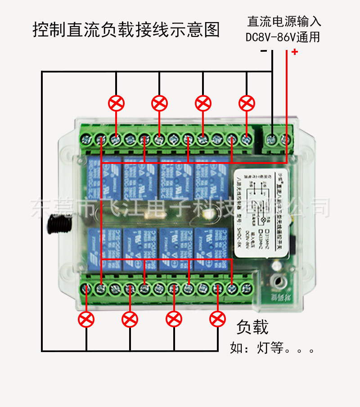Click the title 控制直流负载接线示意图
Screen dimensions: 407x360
126,30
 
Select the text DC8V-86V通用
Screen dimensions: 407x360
283,37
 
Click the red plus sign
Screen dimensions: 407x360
295,52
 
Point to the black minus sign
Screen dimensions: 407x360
264,51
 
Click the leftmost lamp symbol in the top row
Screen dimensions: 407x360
117,104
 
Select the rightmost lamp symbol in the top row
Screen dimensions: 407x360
247,104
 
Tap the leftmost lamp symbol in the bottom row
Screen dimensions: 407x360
86,320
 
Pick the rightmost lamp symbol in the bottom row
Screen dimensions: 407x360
218,319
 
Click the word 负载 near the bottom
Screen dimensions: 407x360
252,327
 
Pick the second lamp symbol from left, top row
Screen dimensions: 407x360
159,104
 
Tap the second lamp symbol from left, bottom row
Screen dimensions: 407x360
130,320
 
